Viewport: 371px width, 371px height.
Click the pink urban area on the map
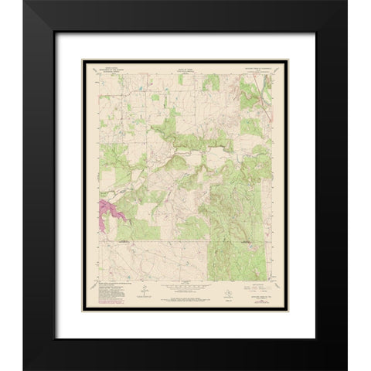coord(109,212)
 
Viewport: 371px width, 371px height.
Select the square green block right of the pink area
coord(147,229)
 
